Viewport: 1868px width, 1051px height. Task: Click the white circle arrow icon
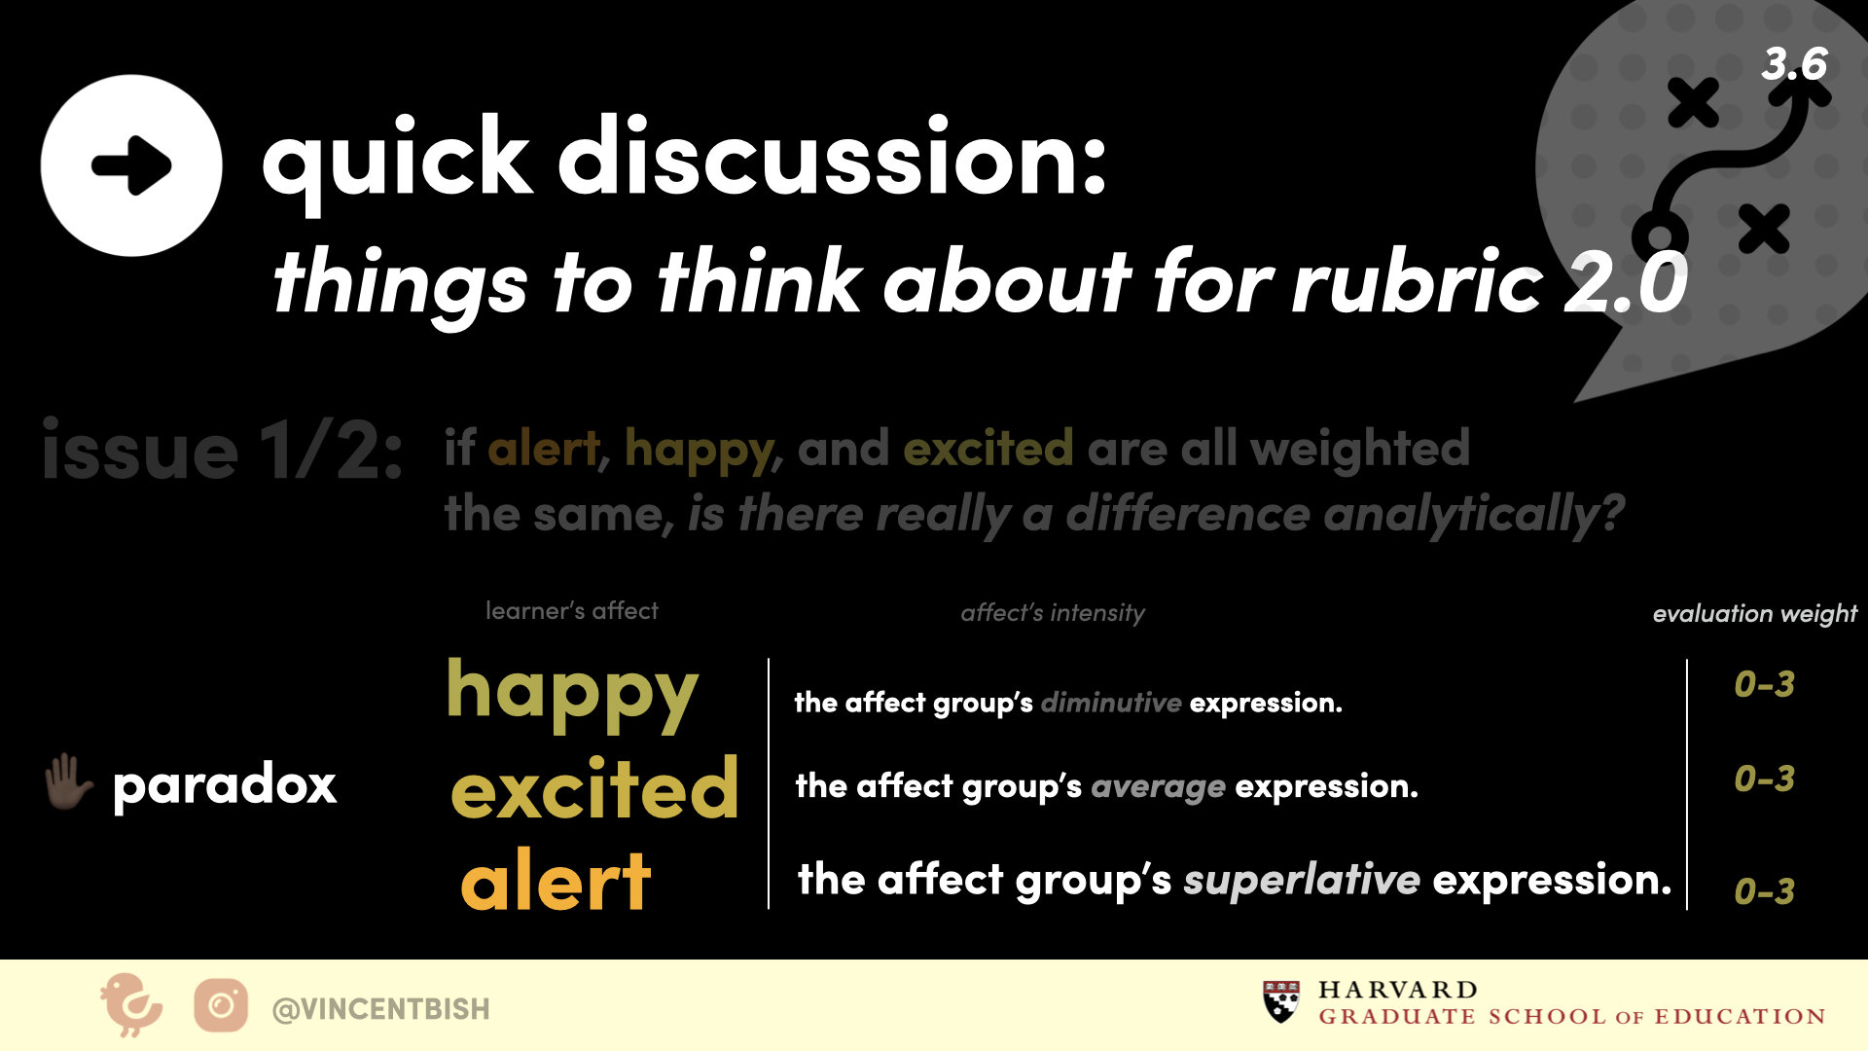131,165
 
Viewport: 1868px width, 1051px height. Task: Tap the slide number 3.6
1794,64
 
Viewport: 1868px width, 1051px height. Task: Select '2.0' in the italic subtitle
1626,282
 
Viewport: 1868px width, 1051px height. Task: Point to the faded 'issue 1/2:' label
223,451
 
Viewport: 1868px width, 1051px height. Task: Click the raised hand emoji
68,782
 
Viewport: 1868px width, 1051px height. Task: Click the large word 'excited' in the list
594,787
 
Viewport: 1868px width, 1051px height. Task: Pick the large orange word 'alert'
556,880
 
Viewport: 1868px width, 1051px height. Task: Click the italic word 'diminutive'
1111,703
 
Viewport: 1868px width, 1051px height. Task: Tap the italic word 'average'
1158,786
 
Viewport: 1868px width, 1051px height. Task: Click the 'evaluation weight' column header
1755,613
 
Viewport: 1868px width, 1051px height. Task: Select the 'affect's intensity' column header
1053,612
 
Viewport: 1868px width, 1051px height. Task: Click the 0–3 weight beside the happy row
1764,684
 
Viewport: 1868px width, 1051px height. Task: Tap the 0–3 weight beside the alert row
1764,891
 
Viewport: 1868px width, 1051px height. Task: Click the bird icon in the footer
130,1004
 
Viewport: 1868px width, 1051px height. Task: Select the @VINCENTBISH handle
380,1009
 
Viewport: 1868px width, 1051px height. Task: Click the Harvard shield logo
1281,1001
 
